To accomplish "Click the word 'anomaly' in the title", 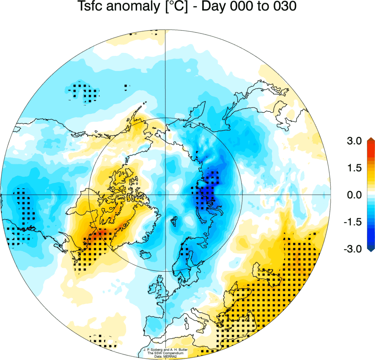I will coord(133,6).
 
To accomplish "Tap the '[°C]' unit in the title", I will coord(176,6).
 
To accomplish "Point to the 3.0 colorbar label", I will coord(354,141).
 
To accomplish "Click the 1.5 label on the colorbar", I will coord(354,168).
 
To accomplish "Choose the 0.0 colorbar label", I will coord(354,195).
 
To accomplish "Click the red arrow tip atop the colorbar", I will coord(371,139).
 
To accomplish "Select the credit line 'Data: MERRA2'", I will coord(165,356).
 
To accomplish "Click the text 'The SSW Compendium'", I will coord(165,353).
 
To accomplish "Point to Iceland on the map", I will coord(146,254).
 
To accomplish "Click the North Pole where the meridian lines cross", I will coord(165,195).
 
